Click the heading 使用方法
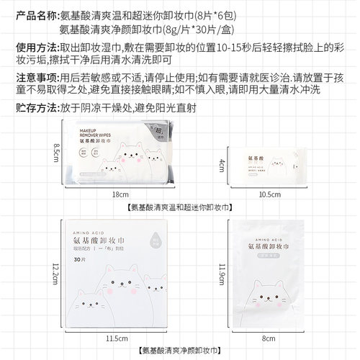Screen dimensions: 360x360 (x=28, y=47)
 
